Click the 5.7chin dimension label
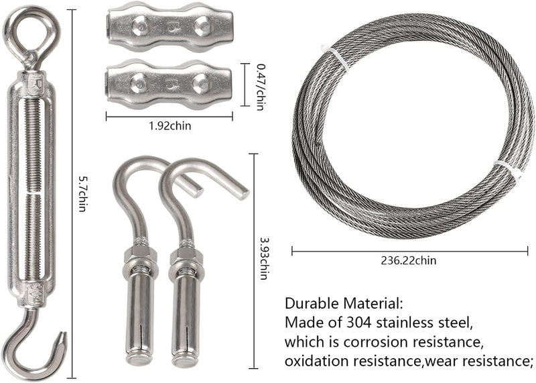tap(82, 194)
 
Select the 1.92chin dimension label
tap(170, 126)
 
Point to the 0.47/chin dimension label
tap(261, 87)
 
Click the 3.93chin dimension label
tap(263, 259)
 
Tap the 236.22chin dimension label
tap(409, 260)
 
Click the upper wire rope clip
tap(170, 26)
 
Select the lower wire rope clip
tap(169, 85)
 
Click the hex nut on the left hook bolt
tap(140, 254)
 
